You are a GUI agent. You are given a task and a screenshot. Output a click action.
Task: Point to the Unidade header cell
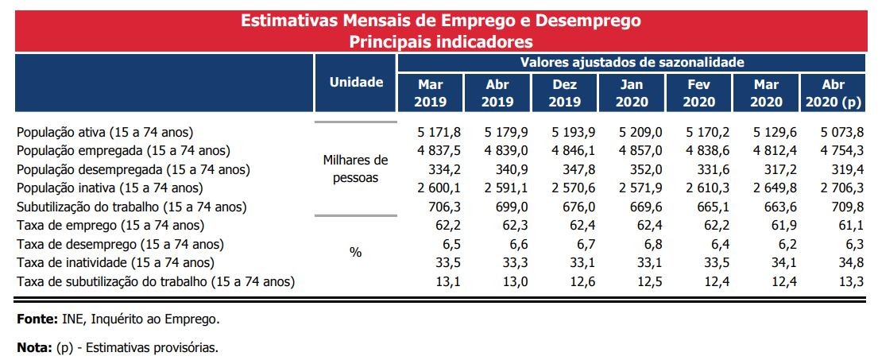pyautogui.click(x=356, y=83)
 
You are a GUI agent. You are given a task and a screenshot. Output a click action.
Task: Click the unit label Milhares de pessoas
pyautogui.click(x=355, y=168)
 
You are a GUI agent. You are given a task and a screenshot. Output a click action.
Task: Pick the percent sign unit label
pyautogui.click(x=355, y=252)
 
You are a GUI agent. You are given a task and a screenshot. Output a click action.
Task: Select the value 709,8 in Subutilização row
pyautogui.click(x=839, y=207)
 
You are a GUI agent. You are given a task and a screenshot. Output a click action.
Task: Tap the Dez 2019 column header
pyautogui.click(x=564, y=93)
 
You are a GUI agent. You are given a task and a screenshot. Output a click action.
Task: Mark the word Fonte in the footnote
pyautogui.click(x=36, y=319)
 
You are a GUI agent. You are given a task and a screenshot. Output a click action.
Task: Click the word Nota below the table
pyautogui.click(x=34, y=347)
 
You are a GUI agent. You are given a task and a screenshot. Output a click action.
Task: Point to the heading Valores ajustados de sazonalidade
pyautogui.click(x=632, y=61)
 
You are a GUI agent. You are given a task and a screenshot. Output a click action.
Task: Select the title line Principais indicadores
pyautogui.click(x=440, y=41)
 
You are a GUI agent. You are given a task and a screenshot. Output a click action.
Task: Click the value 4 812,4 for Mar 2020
pyautogui.click(x=765, y=150)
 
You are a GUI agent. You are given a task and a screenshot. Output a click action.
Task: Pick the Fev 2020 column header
pyautogui.click(x=699, y=93)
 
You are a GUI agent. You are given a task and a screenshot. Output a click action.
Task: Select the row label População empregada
pyautogui.click(x=123, y=150)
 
